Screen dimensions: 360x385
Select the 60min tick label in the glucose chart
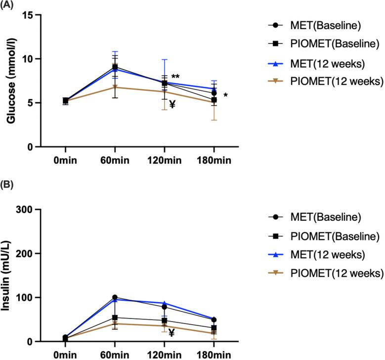115,160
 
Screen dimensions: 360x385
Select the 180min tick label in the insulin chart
214,355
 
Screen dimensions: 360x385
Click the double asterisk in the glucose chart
175,77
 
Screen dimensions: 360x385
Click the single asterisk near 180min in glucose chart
225,95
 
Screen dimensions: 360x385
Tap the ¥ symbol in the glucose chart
172,104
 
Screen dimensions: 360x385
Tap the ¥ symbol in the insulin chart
171,333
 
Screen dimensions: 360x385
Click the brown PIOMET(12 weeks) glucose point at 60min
115,87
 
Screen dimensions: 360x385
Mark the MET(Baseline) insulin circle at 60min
115,297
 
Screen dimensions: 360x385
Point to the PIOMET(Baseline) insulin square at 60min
115,318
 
